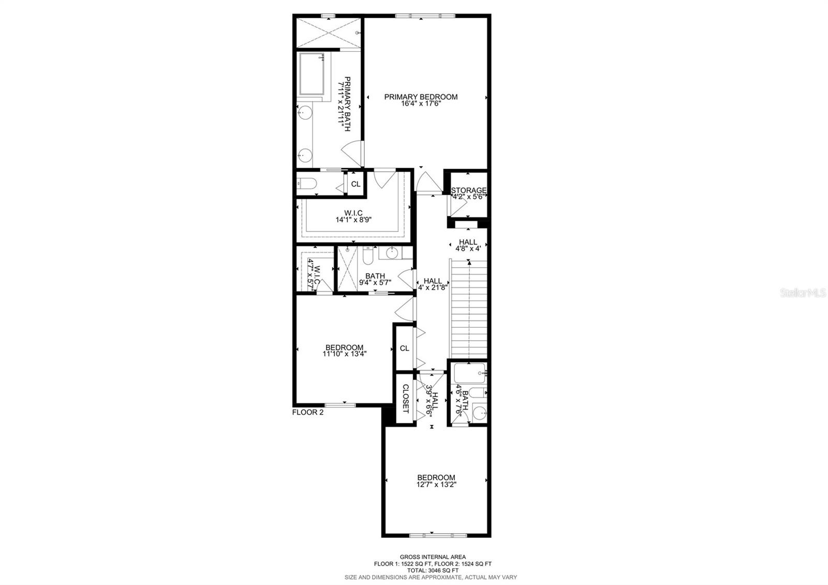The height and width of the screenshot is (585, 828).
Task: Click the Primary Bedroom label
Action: [x=421, y=97]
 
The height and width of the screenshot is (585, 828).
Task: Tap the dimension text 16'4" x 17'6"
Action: [x=421, y=104]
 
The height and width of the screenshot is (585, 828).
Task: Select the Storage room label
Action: [x=469, y=191]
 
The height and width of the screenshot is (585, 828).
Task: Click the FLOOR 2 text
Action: [x=307, y=413]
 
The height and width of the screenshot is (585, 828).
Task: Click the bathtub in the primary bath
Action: [x=312, y=74]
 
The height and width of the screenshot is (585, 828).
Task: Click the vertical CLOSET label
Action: [x=406, y=399]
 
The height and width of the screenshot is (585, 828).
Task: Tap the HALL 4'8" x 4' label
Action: [x=468, y=245]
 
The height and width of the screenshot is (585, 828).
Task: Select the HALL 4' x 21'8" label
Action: [x=433, y=284]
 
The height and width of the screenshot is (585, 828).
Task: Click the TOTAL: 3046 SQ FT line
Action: [x=433, y=570]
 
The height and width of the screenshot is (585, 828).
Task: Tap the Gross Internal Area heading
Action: [x=433, y=557]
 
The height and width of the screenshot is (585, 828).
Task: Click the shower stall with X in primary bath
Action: [x=329, y=32]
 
